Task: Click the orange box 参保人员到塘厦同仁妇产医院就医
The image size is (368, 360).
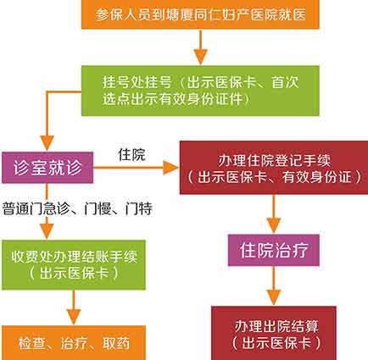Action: [200, 14]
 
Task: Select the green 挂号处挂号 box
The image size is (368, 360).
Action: [200, 91]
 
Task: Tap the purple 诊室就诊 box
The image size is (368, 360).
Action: [47, 168]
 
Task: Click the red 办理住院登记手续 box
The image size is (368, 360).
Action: [274, 168]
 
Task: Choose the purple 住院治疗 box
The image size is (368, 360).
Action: [274, 250]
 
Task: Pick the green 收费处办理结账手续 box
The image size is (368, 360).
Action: [74, 265]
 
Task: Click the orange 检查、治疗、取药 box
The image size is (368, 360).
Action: [74, 343]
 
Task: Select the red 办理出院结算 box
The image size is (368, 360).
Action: [274, 333]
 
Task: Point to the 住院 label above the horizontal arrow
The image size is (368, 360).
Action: [131, 155]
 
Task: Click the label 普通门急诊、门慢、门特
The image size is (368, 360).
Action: [77, 209]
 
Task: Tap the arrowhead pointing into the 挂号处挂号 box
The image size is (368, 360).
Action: [200, 58]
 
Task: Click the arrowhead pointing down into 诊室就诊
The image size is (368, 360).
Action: [47, 143]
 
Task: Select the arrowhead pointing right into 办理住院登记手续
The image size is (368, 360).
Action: [171, 168]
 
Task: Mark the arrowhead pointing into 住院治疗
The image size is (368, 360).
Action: [274, 226]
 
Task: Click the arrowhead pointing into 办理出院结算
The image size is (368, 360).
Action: [274, 297]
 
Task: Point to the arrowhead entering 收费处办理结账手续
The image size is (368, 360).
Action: [47, 231]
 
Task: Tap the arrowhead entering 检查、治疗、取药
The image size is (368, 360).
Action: [74, 317]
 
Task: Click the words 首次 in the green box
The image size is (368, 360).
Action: [285, 82]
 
